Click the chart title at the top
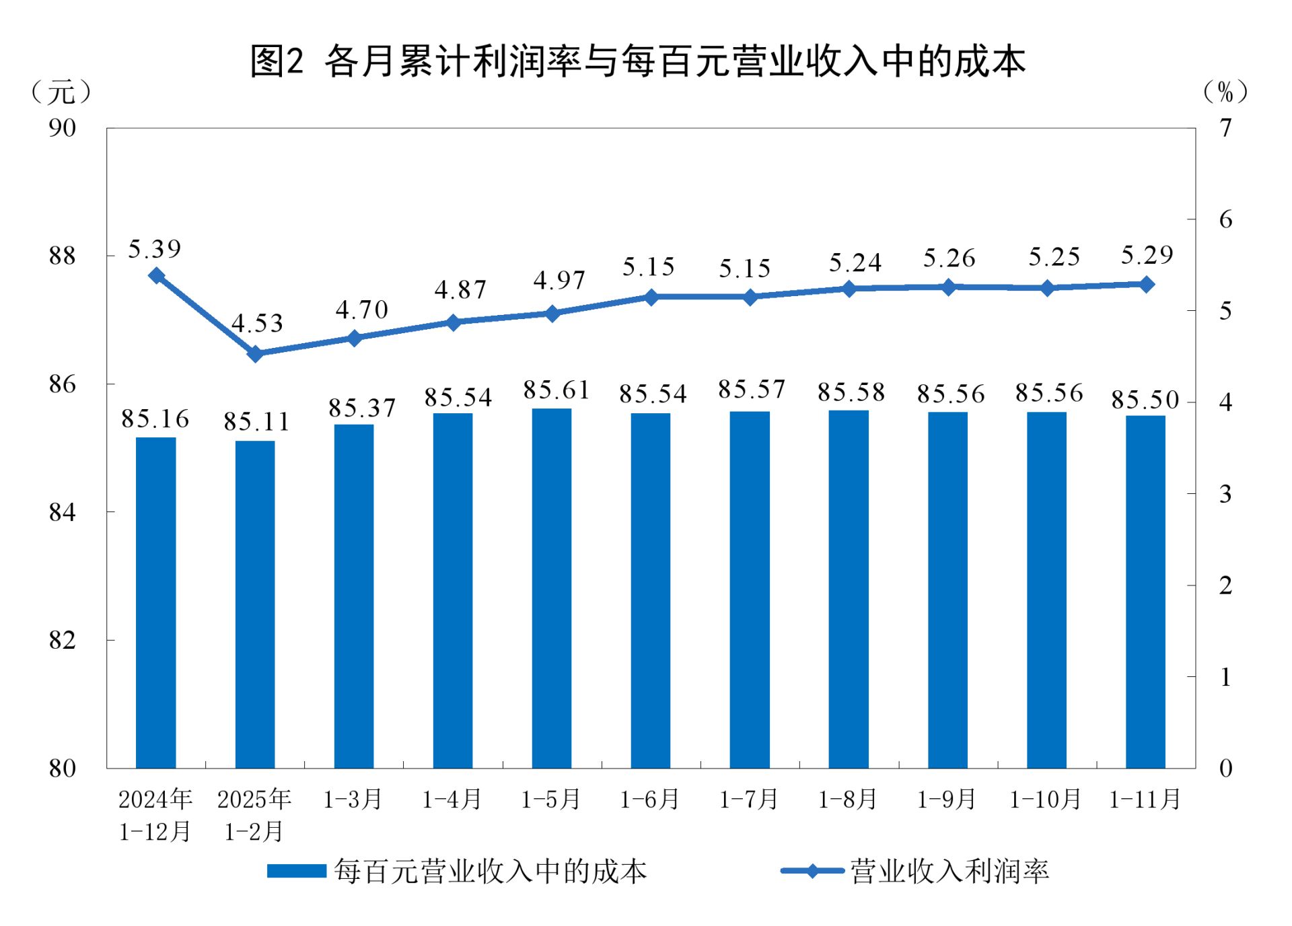coord(637,61)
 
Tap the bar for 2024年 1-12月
coord(155,602)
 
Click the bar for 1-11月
coord(1145,592)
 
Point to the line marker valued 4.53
coord(255,354)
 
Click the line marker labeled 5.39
coord(157,275)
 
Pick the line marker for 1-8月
coord(849,289)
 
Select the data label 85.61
coord(556,390)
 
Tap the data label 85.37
coord(361,408)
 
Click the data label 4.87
coord(460,290)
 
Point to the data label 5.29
coord(1147,255)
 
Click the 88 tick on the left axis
coord(62,256)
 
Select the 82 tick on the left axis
coord(62,640)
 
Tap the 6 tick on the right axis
coord(1225,219)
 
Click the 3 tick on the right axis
coord(1225,494)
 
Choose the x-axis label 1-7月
coord(748,799)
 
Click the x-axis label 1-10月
coord(1045,799)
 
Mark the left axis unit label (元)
coord(61,92)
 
